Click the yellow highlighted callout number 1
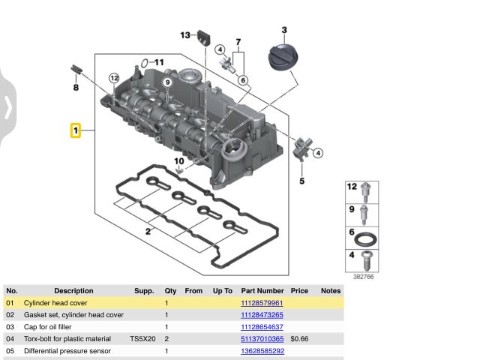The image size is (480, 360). pos(76,130)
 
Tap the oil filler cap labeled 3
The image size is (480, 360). pos(283,57)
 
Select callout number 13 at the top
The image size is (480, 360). pos(185,35)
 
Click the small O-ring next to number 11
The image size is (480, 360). pos(145,63)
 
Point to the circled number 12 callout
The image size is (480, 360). pos(114,78)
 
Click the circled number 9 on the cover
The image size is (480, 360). pos(167,82)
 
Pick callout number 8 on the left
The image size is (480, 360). pos(76,88)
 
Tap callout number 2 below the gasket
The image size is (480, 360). pos(148,232)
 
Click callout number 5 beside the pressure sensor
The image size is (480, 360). pos(301,181)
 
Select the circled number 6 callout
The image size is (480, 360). pos(243,80)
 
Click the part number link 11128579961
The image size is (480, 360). pos(262,303)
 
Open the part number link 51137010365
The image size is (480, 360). pos(262,339)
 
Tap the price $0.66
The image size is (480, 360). pos(299,339)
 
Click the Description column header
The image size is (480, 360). pos(73,291)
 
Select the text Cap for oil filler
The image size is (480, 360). pos(47,327)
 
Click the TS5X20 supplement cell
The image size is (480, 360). pos(142,339)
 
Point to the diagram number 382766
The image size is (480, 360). pos(363,277)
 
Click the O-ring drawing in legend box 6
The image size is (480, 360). pos(365,239)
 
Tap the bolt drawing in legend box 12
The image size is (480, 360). pos(365,192)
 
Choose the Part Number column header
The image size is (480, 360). pos(262,291)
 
